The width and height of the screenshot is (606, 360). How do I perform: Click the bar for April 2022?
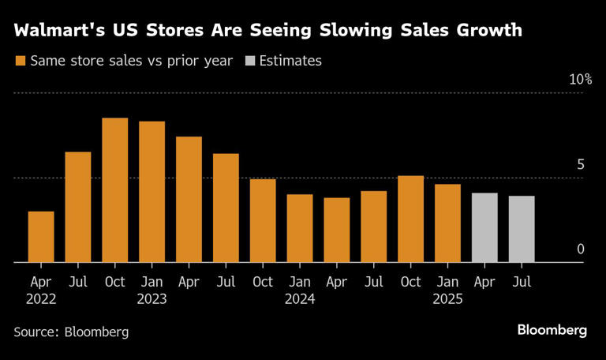click(41, 237)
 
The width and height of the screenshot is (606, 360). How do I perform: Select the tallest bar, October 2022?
click(115, 190)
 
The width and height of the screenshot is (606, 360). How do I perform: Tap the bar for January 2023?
click(151, 192)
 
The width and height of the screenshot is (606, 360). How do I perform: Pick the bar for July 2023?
click(226, 208)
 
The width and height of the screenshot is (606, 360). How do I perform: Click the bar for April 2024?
click(337, 231)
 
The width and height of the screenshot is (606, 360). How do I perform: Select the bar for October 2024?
click(411, 219)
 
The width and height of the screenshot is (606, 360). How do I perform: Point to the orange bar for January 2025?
click(447, 223)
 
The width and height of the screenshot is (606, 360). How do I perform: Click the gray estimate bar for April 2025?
click(484, 227)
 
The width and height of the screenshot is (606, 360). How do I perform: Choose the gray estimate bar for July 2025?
click(522, 229)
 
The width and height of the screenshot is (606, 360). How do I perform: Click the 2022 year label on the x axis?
click(41, 299)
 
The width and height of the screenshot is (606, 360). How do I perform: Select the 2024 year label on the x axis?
click(300, 299)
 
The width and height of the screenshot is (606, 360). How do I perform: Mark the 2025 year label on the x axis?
click(447, 299)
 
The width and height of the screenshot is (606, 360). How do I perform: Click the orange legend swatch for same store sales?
click(19, 61)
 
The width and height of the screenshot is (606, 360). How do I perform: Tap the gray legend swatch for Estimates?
click(252, 61)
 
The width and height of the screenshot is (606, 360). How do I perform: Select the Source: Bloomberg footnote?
click(71, 332)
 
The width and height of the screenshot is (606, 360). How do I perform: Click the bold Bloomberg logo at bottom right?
click(552, 330)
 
